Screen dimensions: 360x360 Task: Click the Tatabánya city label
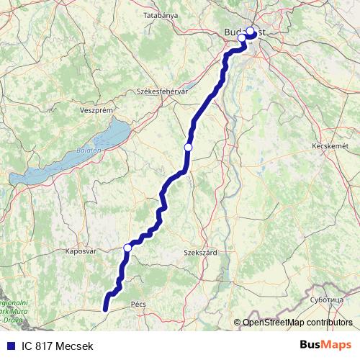click(x=160, y=14)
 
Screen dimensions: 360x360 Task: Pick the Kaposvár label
click(x=81, y=252)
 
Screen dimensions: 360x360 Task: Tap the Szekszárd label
click(x=201, y=253)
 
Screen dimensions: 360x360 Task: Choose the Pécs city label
click(x=138, y=305)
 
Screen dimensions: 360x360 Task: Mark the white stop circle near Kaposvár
click(x=127, y=248)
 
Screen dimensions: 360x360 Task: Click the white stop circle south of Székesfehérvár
click(x=188, y=147)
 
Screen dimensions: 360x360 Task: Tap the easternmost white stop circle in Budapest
click(x=251, y=31)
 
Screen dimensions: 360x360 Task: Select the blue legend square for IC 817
click(x=12, y=346)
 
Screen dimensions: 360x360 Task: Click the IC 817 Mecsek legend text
click(x=58, y=346)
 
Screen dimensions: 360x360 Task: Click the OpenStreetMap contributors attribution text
click(x=298, y=323)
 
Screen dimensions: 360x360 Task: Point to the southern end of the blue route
click(x=105, y=310)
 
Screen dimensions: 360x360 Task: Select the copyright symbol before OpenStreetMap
click(x=238, y=323)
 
